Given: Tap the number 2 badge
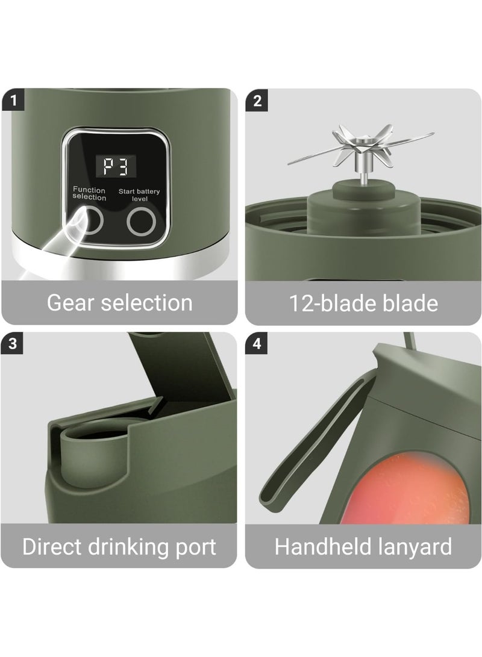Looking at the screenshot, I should point(258,100).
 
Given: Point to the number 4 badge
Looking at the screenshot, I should point(258,344).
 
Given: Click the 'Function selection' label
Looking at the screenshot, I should point(89,194).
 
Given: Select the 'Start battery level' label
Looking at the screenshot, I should point(139,194).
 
